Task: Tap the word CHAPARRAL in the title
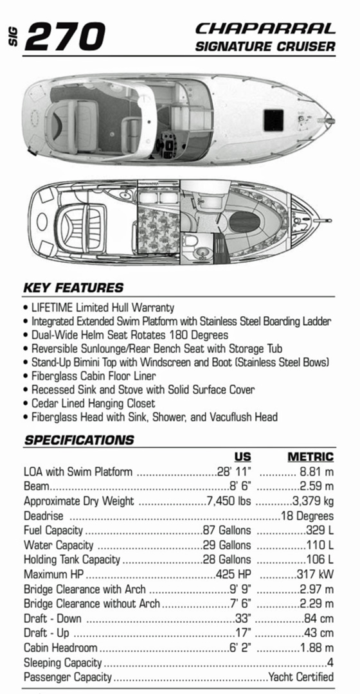(265, 29)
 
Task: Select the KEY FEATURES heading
(73, 287)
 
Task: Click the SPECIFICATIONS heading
(79, 440)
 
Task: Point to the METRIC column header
(310, 457)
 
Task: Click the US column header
(242, 457)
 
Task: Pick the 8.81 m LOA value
(316, 472)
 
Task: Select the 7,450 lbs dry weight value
(229, 501)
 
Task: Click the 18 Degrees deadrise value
(307, 516)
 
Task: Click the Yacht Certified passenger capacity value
(301, 677)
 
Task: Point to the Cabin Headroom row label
(60, 648)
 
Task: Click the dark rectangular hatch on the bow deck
(269, 118)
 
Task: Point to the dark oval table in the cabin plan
(244, 222)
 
